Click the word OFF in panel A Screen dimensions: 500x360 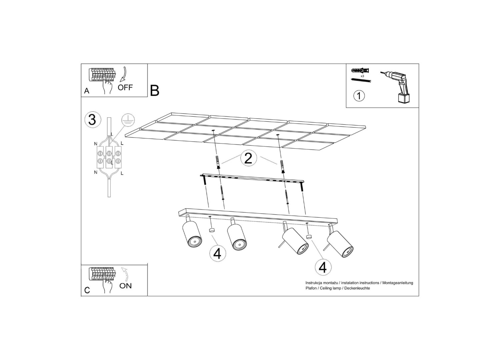pyautogui.click(x=125, y=87)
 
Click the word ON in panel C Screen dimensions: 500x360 pyautogui.click(x=125, y=286)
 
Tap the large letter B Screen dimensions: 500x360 pyautogui.click(x=155, y=90)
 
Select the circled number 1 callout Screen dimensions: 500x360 pyautogui.click(x=359, y=96)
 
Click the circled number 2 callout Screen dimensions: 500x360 pyautogui.click(x=248, y=158)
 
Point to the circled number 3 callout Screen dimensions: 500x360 pyautogui.click(x=93, y=120)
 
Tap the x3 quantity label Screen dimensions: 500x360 pyautogui.click(x=362, y=76)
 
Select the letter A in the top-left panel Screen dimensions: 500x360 pyautogui.click(x=87, y=91)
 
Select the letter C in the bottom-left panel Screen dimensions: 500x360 pyautogui.click(x=87, y=290)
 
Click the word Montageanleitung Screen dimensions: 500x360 pyautogui.click(x=398, y=283)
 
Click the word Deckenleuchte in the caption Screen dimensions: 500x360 pyautogui.click(x=357, y=288)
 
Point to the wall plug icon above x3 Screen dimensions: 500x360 pyautogui.click(x=360, y=71)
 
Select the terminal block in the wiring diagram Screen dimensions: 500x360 pyautogui.click(x=109, y=157)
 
